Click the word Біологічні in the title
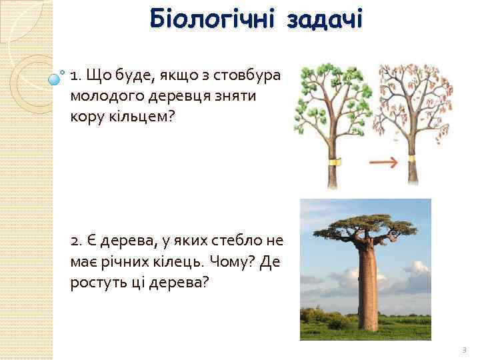coord(213,19)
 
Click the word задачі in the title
coord(325,19)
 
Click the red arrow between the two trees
coord(384,162)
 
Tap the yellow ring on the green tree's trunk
coord(334,161)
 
